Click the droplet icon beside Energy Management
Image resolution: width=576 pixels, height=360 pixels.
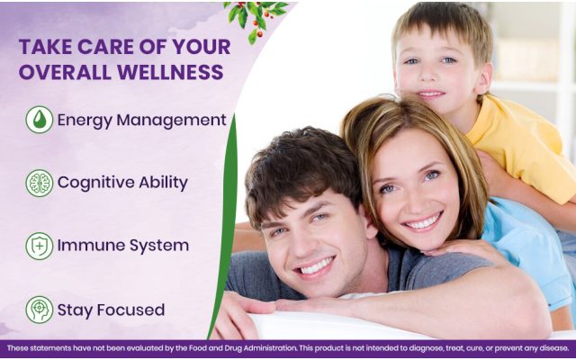(x=40, y=120)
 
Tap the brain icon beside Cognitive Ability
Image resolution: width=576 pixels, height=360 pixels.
(x=40, y=183)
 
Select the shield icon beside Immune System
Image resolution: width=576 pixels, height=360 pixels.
(x=40, y=246)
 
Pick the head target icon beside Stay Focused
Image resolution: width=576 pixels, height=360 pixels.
(x=40, y=310)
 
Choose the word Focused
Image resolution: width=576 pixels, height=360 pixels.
(x=130, y=310)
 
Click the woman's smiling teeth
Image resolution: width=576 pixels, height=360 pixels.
(x=423, y=222)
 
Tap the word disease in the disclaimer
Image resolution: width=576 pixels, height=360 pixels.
(x=556, y=348)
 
